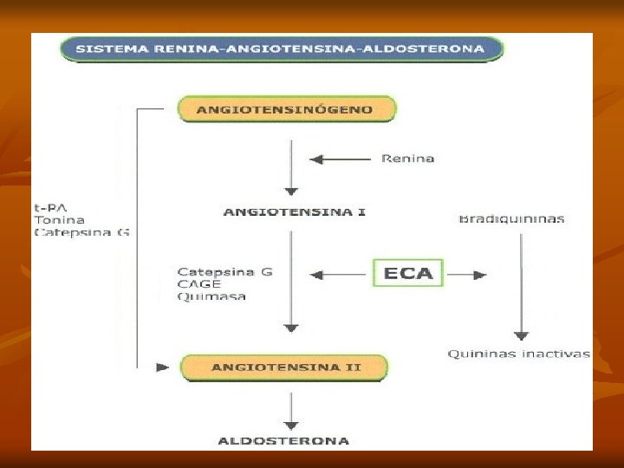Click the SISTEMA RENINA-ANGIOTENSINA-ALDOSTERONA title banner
point(281,49)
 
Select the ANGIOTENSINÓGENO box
point(286,110)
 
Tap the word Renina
point(408,159)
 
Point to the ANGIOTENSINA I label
point(294,212)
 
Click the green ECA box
point(408,274)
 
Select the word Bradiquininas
point(511,219)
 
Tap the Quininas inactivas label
point(518,354)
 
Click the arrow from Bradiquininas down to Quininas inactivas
point(520,286)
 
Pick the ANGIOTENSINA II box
point(286,367)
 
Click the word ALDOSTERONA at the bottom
point(283,441)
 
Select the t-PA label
point(48,208)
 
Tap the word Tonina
point(59,220)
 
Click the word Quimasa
point(211,296)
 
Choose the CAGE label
point(198,283)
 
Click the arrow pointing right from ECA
point(466,275)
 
